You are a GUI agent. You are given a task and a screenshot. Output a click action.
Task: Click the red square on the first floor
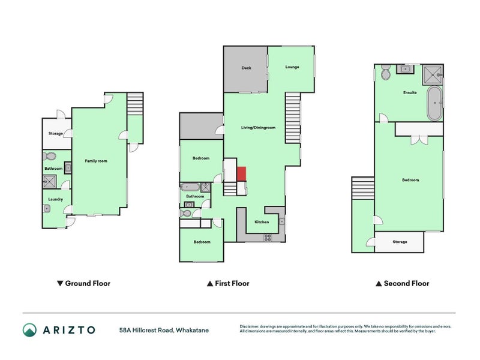pyautogui.click(x=241, y=173)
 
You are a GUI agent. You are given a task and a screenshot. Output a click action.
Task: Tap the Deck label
pyautogui.click(x=246, y=68)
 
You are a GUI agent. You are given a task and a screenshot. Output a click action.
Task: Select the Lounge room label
pyautogui.click(x=292, y=67)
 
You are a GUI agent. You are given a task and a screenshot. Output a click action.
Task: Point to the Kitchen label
pyautogui.click(x=262, y=222)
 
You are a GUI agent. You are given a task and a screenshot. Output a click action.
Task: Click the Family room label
pyautogui.click(x=96, y=161)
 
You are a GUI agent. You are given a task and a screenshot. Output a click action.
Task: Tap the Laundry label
pyautogui.click(x=56, y=199)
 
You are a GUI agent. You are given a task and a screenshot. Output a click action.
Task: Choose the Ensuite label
pyautogui.click(x=410, y=92)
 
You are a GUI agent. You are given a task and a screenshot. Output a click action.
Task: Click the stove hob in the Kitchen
pyautogui.click(x=268, y=237)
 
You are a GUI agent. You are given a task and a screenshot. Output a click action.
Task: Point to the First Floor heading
pyautogui.click(x=227, y=283)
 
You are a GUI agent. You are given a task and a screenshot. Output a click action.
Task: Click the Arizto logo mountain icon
pyautogui.click(x=29, y=329)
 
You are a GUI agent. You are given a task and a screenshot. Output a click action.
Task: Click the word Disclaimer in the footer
pyautogui.click(x=250, y=326)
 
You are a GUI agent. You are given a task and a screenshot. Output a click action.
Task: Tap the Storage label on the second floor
pyautogui.click(x=400, y=242)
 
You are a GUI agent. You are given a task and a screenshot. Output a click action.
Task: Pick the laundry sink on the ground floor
pyautogui.click(x=47, y=209)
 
